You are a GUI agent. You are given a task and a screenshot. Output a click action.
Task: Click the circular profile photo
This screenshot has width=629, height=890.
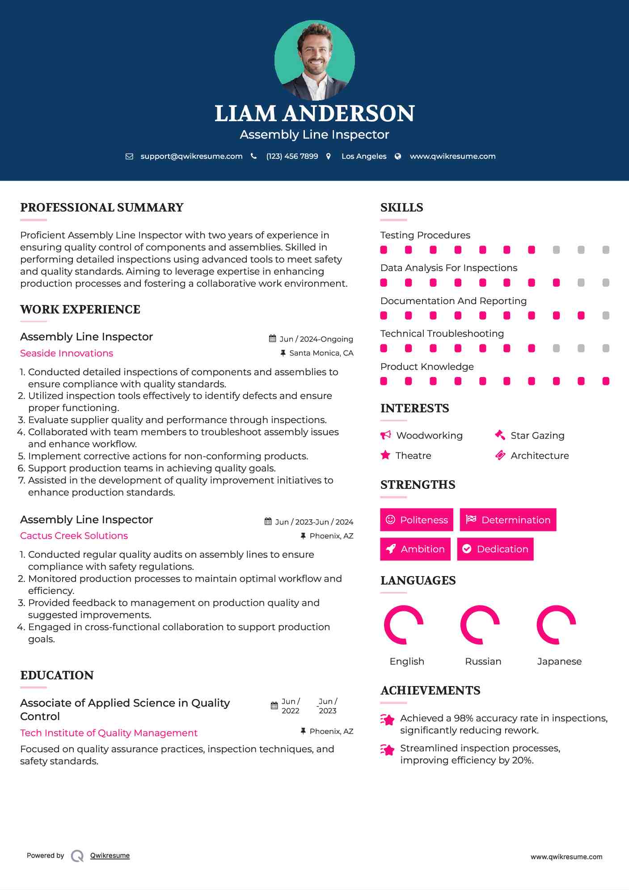314,60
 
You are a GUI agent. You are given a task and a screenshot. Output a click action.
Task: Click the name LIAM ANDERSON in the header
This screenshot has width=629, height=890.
314,114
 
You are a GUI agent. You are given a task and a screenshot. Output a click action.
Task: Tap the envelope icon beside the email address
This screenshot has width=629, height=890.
129,157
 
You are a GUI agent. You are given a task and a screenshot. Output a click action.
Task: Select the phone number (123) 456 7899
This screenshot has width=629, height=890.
292,157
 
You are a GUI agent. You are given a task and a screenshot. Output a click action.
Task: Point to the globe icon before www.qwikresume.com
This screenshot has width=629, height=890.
398,157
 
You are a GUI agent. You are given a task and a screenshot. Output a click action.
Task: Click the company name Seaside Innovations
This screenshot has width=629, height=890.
67,353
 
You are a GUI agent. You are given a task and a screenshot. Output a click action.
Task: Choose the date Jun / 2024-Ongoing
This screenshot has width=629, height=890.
316,339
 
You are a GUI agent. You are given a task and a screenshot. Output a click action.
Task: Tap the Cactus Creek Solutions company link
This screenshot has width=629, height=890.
74,536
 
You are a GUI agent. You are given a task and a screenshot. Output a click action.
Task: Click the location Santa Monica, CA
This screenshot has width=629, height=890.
321,353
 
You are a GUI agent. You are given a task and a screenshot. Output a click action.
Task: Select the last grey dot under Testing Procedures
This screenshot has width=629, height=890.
606,250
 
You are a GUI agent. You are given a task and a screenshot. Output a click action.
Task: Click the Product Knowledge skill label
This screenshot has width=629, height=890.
427,367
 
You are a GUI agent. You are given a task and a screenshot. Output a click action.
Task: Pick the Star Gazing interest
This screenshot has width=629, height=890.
537,436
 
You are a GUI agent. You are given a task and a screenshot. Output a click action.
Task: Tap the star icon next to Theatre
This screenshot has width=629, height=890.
385,455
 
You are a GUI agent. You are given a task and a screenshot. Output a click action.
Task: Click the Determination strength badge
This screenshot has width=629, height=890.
508,520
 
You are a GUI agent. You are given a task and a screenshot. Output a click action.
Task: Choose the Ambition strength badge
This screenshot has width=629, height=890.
415,549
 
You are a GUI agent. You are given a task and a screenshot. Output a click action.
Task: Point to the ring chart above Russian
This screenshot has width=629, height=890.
480,625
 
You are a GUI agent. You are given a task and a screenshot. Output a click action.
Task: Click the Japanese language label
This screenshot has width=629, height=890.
559,661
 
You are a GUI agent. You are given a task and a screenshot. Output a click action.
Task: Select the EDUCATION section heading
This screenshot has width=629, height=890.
57,675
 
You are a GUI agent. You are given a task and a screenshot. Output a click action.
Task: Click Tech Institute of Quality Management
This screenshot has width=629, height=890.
109,733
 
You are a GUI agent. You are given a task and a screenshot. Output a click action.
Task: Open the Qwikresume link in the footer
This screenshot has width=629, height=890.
110,856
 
